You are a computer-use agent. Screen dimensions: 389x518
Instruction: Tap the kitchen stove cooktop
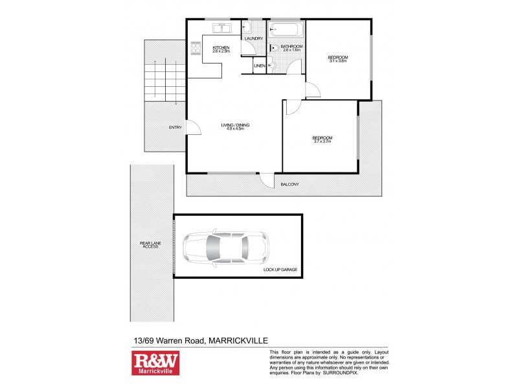point(196,47)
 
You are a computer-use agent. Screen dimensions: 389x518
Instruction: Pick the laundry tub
point(247,28)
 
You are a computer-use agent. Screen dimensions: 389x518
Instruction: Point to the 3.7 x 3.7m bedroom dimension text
point(322,141)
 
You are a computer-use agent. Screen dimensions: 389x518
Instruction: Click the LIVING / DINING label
point(235,125)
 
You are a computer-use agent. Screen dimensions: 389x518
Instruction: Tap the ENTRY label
point(175,127)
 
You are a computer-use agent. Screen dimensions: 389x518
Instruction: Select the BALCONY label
point(289,185)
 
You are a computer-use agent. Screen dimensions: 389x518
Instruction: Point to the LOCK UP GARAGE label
point(281,269)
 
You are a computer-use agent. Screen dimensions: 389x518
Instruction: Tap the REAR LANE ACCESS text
point(150,246)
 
